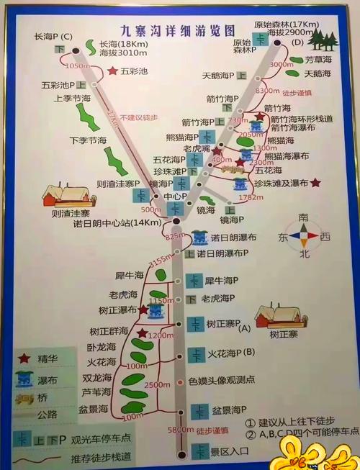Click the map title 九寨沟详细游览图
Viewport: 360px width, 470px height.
click(x=177, y=30)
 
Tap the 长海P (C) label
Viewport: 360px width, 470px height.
click(x=54, y=36)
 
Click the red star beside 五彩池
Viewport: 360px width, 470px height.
click(x=112, y=71)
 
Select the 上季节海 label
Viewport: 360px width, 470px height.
click(x=72, y=98)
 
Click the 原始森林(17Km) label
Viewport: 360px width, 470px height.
click(x=286, y=24)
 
